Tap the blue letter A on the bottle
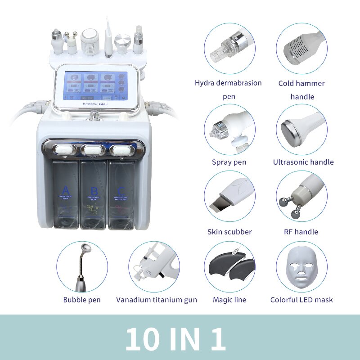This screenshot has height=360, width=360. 66,189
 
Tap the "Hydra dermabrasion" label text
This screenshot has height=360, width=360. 228,83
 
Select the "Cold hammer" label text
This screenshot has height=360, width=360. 301,83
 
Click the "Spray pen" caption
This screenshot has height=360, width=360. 229,162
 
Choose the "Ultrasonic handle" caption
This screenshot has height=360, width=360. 303,162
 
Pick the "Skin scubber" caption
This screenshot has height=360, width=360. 229,232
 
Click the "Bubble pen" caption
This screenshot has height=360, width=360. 82,300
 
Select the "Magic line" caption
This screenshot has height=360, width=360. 229,300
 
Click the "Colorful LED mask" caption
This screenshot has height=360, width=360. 301,300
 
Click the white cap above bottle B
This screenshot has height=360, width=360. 94,149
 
